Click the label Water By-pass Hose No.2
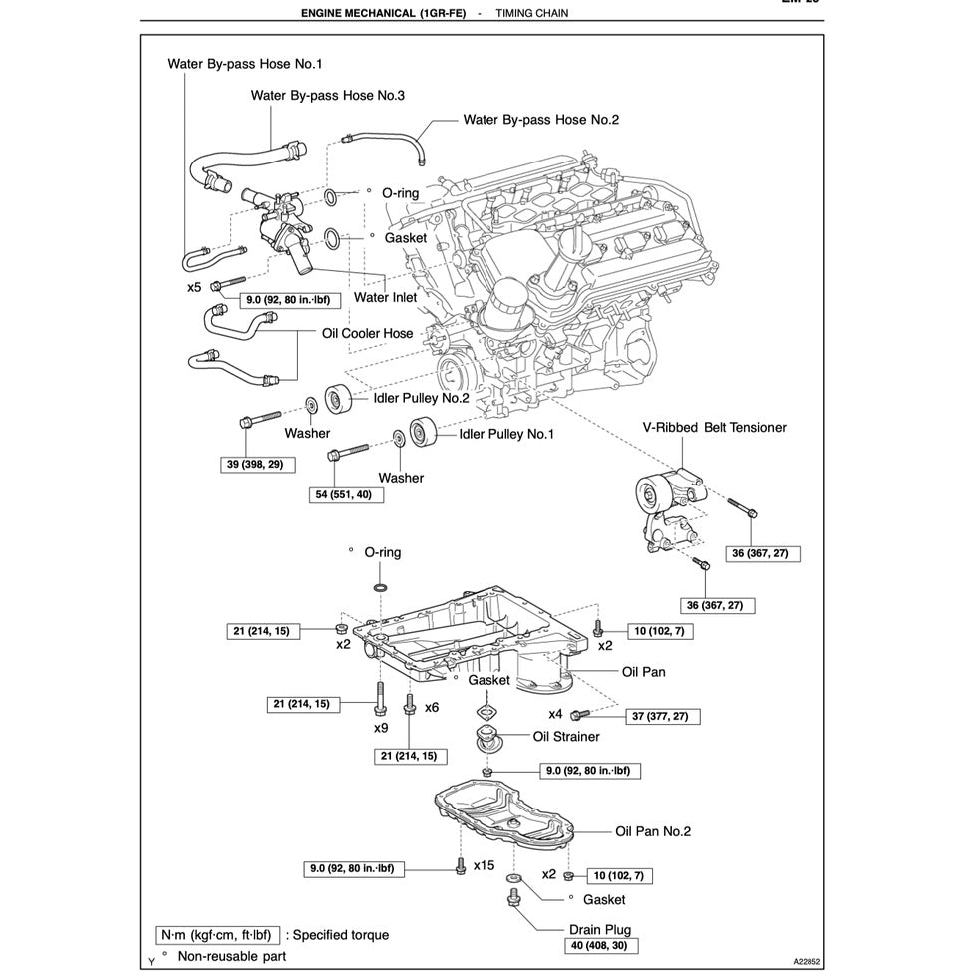(x=540, y=119)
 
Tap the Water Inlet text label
(x=385, y=296)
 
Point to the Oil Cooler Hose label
(x=367, y=333)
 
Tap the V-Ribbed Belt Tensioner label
(x=714, y=427)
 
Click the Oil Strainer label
(x=566, y=737)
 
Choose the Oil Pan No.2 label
(x=652, y=831)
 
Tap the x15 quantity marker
(x=484, y=865)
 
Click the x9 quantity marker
(x=381, y=728)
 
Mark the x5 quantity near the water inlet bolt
(x=195, y=286)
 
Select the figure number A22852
(x=812, y=962)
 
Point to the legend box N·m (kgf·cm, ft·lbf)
(x=216, y=935)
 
